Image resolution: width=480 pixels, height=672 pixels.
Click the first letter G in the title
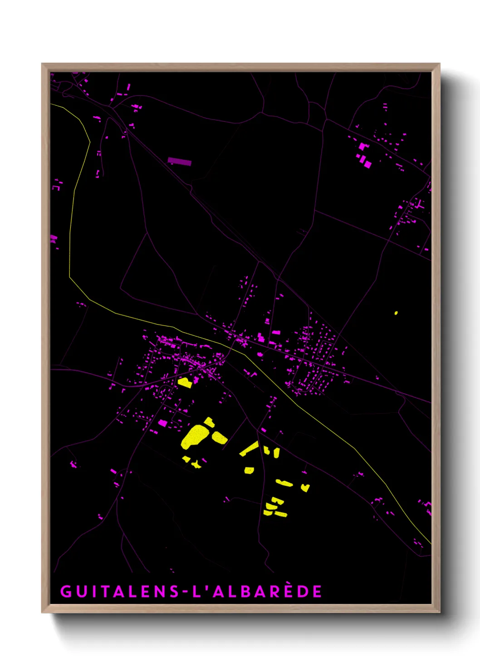[x=66, y=591]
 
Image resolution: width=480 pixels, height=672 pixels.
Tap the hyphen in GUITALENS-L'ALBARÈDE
[x=185, y=592]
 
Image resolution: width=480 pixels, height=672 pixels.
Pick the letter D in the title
[x=303, y=591]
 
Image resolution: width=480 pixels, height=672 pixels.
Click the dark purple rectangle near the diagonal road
[x=180, y=161]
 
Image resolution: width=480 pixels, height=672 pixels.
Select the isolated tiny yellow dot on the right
[x=396, y=313]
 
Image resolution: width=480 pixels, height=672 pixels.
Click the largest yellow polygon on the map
[x=195, y=437]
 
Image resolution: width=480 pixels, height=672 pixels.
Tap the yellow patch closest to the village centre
[x=185, y=382]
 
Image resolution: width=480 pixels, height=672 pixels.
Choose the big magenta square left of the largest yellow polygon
[x=162, y=423]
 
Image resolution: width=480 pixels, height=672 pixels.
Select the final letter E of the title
[x=317, y=591]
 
